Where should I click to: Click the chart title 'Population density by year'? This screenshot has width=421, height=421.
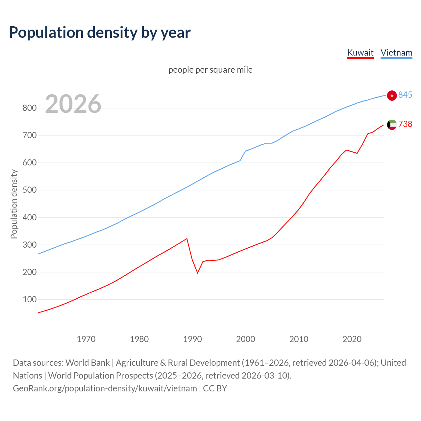point(100,33)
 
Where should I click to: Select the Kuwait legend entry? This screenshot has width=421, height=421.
point(360,53)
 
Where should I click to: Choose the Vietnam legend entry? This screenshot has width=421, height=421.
point(396,53)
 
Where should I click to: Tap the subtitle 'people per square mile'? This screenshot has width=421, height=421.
point(210,70)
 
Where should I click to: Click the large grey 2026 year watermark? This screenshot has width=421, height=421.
point(73,104)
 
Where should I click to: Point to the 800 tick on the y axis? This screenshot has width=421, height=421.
point(29,108)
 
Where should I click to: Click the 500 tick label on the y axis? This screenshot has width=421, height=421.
point(29,190)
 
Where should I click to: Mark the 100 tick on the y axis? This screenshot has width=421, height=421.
point(29,299)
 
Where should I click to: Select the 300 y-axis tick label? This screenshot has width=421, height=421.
point(29,245)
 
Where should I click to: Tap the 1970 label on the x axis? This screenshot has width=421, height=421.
point(86,339)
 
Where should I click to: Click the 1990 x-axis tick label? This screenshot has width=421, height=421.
point(192,339)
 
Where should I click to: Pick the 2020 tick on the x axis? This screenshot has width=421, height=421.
point(352,339)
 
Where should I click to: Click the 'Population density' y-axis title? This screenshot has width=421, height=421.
point(14,204)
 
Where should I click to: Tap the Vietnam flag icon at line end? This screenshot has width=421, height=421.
point(392,95)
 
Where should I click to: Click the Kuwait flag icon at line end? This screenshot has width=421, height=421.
point(392,125)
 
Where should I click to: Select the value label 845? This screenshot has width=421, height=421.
point(405,95)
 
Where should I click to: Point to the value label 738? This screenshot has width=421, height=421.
point(405,124)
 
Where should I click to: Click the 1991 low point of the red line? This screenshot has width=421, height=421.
point(198,273)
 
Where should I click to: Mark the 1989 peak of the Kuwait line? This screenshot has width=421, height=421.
point(187,238)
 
